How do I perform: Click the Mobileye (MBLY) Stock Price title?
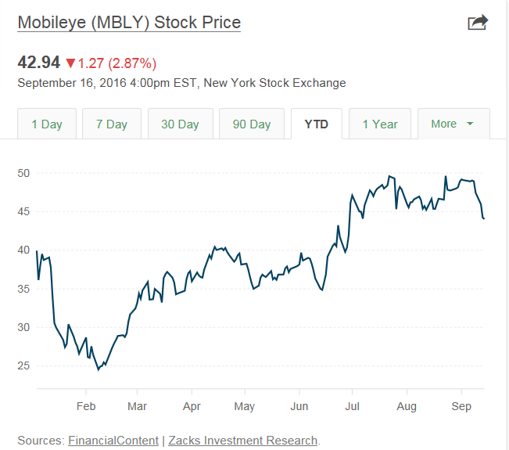pos(129,22)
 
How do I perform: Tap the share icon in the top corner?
pos(477,23)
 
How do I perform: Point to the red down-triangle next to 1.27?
pos(70,63)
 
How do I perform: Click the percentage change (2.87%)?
pos(132,63)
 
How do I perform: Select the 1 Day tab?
pos(47,124)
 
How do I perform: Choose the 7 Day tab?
pos(112,124)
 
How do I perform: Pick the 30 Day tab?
pos(180,124)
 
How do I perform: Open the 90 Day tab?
pos(252,124)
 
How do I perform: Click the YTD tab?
pos(317,124)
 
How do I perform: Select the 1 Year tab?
pos(380,124)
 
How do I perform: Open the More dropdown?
pos(453,124)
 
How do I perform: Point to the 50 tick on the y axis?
pos(24,173)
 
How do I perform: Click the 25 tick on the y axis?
pos(24,365)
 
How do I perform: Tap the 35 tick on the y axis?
pos(24,289)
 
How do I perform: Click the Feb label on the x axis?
pos(85,406)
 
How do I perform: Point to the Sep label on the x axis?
pos(461,406)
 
